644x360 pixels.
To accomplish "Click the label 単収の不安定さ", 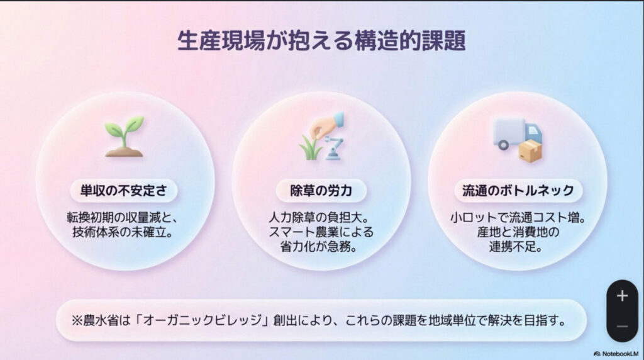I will coord(124,189).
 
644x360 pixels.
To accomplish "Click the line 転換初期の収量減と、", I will coord(124,218).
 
